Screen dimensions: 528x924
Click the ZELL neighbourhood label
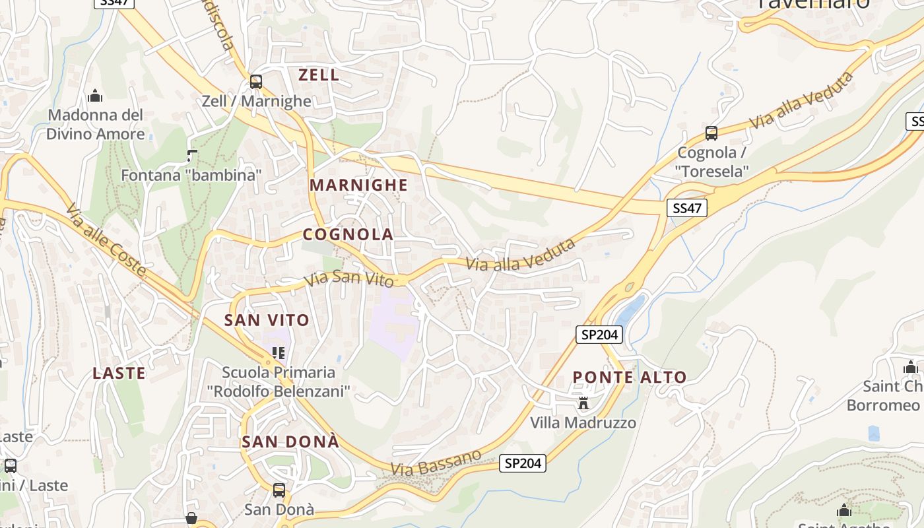pos(319,75)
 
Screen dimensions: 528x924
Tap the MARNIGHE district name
pos(359,185)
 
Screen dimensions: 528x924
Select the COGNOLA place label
pos(348,234)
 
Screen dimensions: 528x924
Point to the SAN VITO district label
pos(267,320)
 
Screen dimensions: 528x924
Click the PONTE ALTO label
pos(630,378)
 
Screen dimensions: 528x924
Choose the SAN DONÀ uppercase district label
pos(290,442)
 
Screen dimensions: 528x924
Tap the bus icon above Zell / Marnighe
pos(256,82)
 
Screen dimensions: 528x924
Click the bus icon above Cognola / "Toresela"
pos(711,133)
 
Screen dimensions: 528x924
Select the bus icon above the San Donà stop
pos(279,490)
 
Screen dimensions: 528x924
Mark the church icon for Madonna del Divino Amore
pos(95,96)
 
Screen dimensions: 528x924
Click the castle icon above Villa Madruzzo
pos(583,403)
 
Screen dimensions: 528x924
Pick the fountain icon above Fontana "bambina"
pos(191,156)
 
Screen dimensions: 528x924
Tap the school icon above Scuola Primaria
pos(279,353)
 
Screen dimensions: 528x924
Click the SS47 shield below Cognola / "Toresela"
pos(686,209)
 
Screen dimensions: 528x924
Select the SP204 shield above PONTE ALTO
pos(599,335)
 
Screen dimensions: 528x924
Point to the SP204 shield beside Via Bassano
pos(523,463)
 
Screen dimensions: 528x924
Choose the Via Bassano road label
pos(436,463)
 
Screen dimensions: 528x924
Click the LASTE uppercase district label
pos(119,373)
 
